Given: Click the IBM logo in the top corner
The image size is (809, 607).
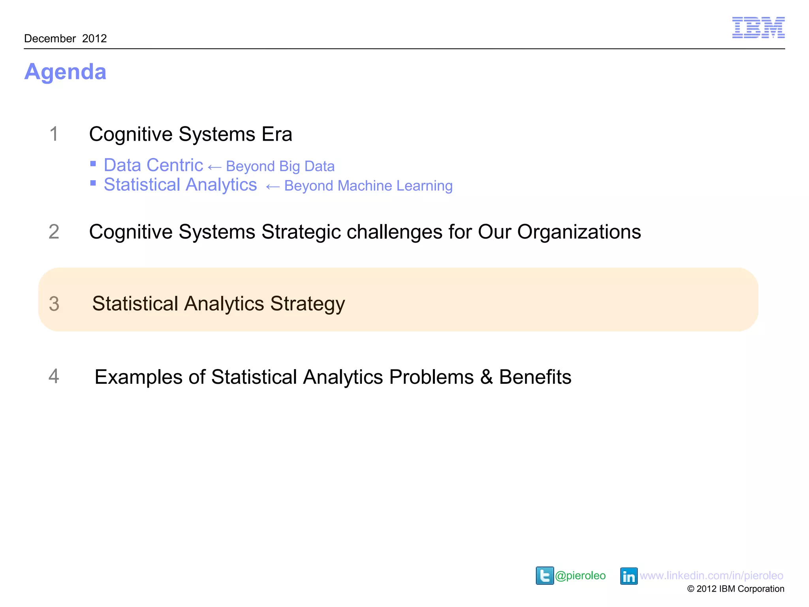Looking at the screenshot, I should pyautogui.click(x=758, y=28).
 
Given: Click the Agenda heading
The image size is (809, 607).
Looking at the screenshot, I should pyautogui.click(x=66, y=72).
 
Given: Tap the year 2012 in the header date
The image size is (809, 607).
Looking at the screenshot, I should pyautogui.click(x=94, y=39).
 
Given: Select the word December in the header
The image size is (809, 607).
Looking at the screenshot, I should pyautogui.click(x=50, y=39).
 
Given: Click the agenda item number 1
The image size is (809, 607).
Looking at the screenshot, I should pyautogui.click(x=54, y=134).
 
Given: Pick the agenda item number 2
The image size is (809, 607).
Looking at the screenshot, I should pyautogui.click(x=54, y=232).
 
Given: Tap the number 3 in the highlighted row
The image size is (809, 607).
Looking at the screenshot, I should pyautogui.click(x=54, y=304).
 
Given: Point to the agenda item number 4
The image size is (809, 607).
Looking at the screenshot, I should pyautogui.click(x=54, y=376).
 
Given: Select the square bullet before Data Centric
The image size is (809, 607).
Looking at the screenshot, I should pyautogui.click(x=93, y=164).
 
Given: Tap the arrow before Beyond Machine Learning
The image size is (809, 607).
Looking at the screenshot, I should pyautogui.click(x=273, y=187).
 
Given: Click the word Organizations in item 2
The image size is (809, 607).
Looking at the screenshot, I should pyautogui.click(x=579, y=232).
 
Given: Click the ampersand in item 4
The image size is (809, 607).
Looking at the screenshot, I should pyautogui.click(x=486, y=377).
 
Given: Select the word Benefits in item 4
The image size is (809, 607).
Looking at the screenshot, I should pyautogui.click(x=535, y=377).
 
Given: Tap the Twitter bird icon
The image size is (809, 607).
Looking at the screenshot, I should pyautogui.click(x=545, y=575).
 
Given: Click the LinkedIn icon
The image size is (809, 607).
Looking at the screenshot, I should pyautogui.click(x=628, y=576).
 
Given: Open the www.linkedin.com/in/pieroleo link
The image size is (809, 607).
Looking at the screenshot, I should pyautogui.click(x=711, y=575).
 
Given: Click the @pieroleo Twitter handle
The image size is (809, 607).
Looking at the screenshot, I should pyautogui.click(x=580, y=575).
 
